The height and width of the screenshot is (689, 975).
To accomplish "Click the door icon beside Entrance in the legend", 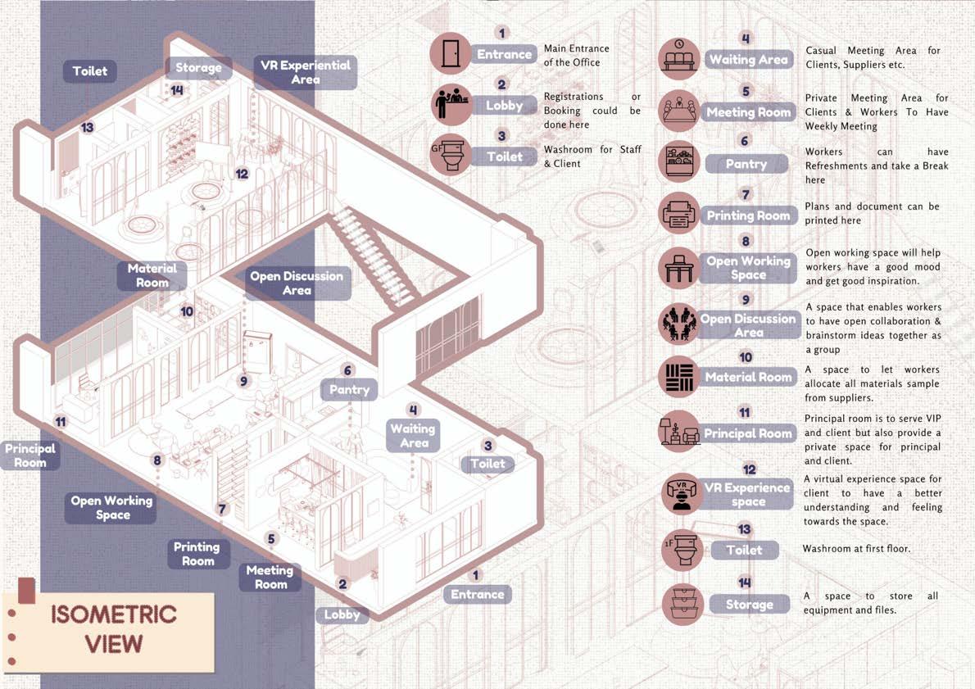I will click(x=450, y=54).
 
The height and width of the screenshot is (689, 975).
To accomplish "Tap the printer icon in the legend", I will click(x=679, y=215).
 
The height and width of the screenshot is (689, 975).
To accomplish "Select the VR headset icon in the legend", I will click(x=679, y=494).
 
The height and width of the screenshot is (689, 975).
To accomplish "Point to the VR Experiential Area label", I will click(x=305, y=72).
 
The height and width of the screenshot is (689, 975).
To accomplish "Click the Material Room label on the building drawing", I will click(x=152, y=275).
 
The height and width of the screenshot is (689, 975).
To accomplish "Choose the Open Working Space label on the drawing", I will click(x=112, y=507).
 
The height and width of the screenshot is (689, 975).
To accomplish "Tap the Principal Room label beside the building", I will click(x=30, y=456).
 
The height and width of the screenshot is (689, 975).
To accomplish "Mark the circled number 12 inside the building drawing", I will click(x=241, y=174).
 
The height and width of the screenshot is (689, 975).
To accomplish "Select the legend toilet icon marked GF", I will click(x=450, y=156).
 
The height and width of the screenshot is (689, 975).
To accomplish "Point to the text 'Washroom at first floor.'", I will click(x=855, y=548).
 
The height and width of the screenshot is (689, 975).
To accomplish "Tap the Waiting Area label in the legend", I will click(x=748, y=60).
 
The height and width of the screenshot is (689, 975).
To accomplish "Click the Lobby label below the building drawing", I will click(x=342, y=614).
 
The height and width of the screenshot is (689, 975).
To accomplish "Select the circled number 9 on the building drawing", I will click(x=243, y=381).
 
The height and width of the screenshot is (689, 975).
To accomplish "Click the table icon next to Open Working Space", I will click(x=679, y=268).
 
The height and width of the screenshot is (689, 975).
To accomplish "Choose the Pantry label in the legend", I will click(x=746, y=164).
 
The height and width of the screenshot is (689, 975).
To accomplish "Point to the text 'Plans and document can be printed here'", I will click(x=872, y=213).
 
